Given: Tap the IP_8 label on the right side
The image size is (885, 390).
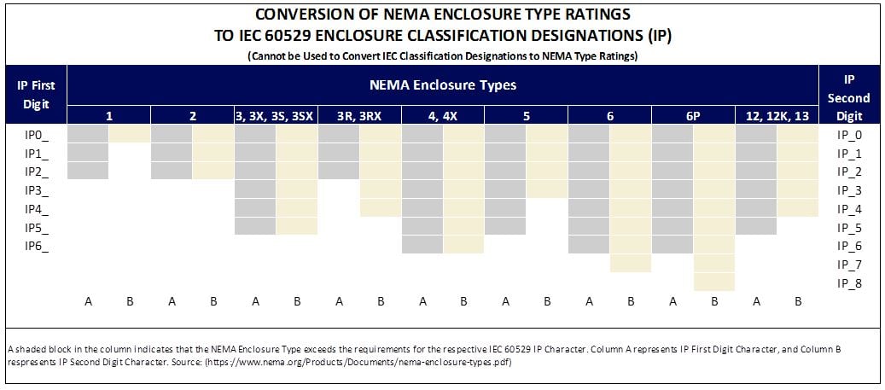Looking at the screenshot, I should pos(850,282).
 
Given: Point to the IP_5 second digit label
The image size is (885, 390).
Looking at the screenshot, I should pos(850,227).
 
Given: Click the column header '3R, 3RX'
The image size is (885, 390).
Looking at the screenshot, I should pos(359,116).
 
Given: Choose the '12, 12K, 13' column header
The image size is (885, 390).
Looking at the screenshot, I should pos(776,116).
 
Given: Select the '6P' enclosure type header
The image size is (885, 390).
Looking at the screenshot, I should pos(693,116).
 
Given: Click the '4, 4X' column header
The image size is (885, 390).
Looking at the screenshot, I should pos(443,116).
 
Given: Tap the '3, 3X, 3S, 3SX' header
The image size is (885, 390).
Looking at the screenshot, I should pos(276,116).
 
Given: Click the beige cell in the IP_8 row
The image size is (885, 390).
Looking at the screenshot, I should pos(713,282).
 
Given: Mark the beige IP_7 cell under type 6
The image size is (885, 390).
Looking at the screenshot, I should pos(631,264).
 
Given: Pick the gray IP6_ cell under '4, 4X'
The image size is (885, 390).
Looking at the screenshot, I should pos(422,246).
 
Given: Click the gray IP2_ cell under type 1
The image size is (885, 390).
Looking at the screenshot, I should pos(88,171).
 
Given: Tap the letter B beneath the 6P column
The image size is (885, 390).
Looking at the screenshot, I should pos(714,301).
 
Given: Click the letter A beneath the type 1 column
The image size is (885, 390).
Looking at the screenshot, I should pos(88,301).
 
